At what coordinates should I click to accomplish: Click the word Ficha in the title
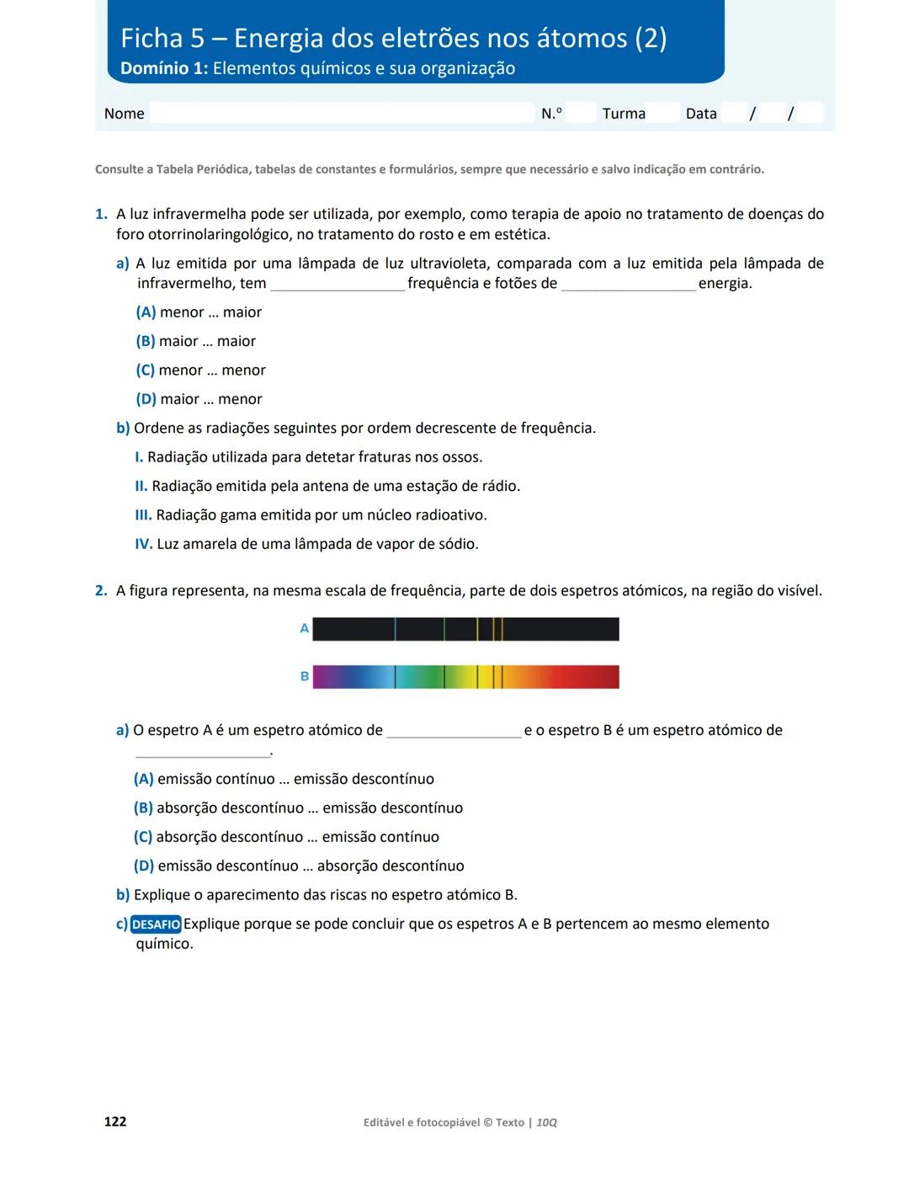pos(151,39)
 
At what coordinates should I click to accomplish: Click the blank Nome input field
pos(341,113)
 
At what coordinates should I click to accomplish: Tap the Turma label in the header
pos(624,114)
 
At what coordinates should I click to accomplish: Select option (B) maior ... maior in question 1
pos(195,341)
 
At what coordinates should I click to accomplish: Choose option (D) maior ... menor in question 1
pos(199,399)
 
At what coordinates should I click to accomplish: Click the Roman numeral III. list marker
pos(143,515)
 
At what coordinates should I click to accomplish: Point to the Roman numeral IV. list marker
pos(144,544)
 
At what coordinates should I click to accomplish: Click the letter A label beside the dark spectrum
pos(305,628)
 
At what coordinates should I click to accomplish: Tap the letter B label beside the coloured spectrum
pos(305,676)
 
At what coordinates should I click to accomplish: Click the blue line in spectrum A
pos(396,629)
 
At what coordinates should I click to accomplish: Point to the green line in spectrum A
pos(444,629)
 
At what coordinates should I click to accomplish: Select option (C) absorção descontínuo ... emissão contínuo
pos(286,837)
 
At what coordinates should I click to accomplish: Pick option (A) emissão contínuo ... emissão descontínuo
pos(284,779)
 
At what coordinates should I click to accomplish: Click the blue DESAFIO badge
pos(156,925)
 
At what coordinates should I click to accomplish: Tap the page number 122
pos(115,1122)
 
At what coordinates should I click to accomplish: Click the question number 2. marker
pos(101,591)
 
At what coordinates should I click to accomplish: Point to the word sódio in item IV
pos(458,544)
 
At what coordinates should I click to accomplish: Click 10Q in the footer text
pos(547,1122)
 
